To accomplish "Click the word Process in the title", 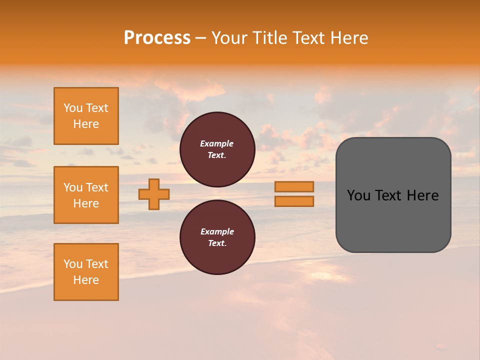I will (157, 38).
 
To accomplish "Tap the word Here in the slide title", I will (348, 38).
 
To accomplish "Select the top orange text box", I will (86, 116).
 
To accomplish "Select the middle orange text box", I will (86, 195).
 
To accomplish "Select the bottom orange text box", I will (86, 271).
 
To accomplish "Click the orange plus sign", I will (154, 194).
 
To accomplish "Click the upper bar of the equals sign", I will (294, 186).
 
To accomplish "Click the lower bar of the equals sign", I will (294, 201).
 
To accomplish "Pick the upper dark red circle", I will (217, 149).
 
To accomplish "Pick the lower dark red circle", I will (217, 237).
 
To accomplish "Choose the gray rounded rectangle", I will (393, 194).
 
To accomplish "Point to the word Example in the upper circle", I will (217, 143).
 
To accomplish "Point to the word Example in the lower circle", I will (217, 231).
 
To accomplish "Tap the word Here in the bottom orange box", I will (86, 280).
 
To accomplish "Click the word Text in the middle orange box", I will (96, 187).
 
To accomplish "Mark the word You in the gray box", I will (358, 195).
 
